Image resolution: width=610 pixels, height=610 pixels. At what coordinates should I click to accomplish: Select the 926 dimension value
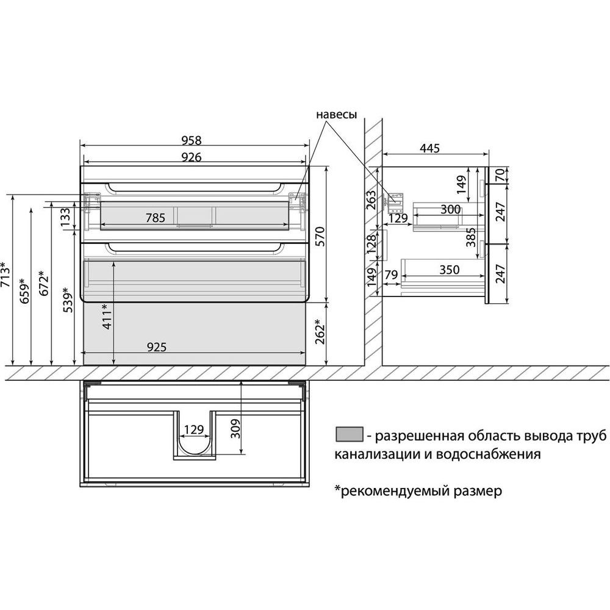pos(192,157)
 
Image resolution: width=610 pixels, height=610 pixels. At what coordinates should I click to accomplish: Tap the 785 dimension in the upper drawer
pos(155,218)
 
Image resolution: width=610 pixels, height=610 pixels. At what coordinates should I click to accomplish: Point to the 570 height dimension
pos(320,237)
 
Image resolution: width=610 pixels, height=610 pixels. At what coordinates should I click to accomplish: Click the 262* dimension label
pos(320,331)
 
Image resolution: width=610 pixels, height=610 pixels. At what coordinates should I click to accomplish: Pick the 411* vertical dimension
pos(107,316)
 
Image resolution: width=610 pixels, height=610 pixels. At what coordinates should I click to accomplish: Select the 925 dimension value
pos(156,347)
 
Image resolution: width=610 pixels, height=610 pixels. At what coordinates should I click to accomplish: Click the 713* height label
pos(5,274)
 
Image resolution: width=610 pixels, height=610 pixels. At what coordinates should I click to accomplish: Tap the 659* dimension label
pos(24,291)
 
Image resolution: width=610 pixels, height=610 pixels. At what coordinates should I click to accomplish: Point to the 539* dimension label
pos(68,300)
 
